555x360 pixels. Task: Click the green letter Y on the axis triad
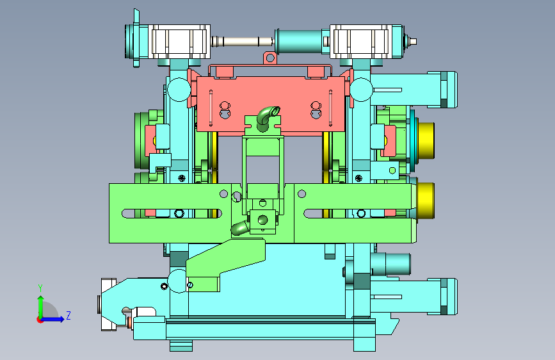[40, 288]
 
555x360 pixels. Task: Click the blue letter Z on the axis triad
[68, 315]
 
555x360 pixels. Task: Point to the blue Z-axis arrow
[53, 319]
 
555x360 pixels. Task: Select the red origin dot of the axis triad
[40, 320]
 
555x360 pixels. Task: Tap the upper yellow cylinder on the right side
[426, 140]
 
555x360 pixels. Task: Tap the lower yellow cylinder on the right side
[426, 200]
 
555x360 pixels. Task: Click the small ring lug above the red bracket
[270, 58]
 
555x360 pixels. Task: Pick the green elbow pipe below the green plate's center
[239, 228]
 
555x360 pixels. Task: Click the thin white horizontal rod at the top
[243, 42]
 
